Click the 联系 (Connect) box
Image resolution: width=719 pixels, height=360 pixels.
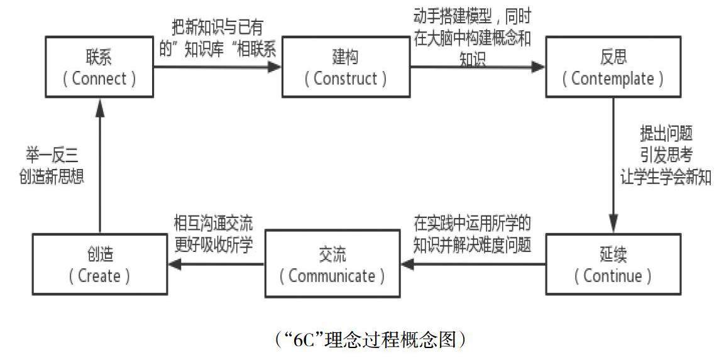[100, 68]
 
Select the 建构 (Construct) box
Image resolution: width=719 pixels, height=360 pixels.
[344, 68]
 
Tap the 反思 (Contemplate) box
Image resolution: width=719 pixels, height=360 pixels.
[613, 68]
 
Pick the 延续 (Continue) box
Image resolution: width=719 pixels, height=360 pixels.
[613, 265]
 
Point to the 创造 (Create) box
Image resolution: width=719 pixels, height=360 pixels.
[100, 265]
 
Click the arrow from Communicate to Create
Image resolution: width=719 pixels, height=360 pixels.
[216, 265]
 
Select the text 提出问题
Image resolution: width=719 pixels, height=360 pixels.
[666, 134]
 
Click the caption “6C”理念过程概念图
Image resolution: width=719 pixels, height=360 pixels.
[370, 339]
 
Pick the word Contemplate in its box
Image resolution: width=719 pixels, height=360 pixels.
[613, 79]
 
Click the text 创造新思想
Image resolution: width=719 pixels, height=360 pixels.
[52, 177]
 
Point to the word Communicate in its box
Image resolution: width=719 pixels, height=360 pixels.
[332, 275]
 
